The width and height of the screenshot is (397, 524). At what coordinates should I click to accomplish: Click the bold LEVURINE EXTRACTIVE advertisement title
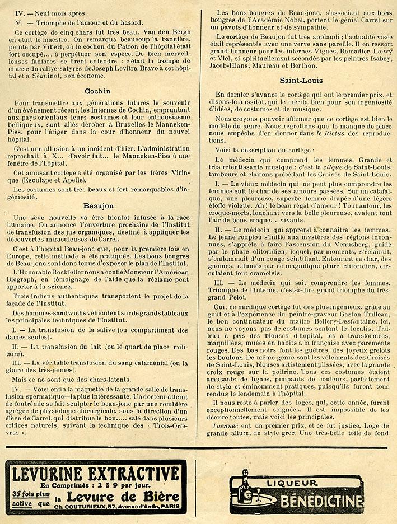coord(96,474)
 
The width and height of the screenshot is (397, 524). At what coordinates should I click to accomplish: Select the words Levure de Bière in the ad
coord(123,495)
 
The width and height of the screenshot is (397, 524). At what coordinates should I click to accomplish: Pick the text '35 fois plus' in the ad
coord(31,494)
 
